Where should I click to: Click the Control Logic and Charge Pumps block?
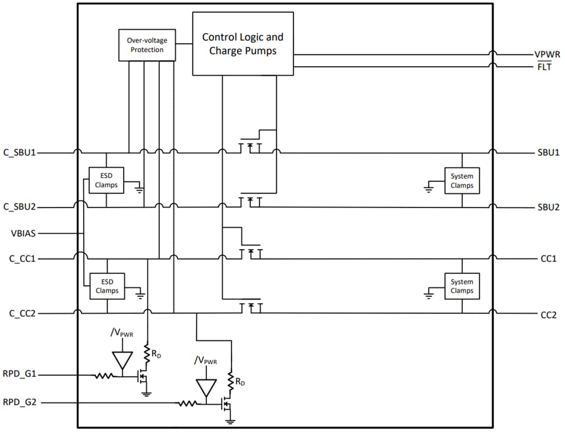pyautogui.click(x=242, y=44)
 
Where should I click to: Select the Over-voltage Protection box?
pyautogui.click(x=147, y=45)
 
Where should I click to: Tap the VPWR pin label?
pyautogui.click(x=547, y=54)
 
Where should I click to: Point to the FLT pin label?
pyautogui.click(x=544, y=67)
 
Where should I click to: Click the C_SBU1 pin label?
pyautogui.click(x=19, y=153)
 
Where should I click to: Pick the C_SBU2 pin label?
pyautogui.click(x=19, y=207)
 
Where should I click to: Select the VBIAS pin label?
pyautogui.click(x=24, y=233)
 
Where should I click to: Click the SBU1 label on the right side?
pyautogui.click(x=548, y=153)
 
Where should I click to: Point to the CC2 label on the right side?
pyautogui.click(x=548, y=314)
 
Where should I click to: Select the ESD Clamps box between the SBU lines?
pyautogui.click(x=106, y=180)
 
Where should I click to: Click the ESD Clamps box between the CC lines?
pyautogui.click(x=107, y=286)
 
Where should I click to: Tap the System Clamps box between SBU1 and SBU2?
pyautogui.click(x=462, y=180)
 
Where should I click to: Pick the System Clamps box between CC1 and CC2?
pyautogui.click(x=462, y=286)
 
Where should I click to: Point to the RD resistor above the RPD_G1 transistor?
pyautogui.click(x=147, y=353)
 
